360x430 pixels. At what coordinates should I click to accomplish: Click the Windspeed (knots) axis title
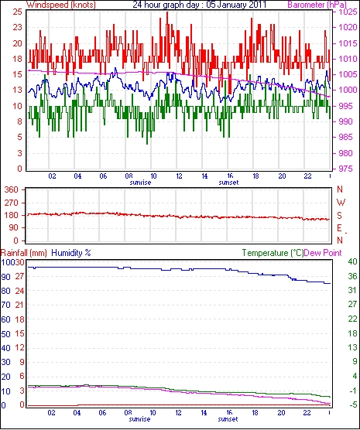click(x=61, y=5)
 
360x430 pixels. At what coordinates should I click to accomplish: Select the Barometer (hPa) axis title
click(x=317, y=5)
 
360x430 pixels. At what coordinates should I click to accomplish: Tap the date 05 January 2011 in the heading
click(x=236, y=5)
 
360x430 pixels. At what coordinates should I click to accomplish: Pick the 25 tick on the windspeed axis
click(x=17, y=12)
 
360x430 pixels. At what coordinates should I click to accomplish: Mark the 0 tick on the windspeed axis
click(x=19, y=169)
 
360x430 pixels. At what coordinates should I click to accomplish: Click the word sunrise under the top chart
click(x=140, y=183)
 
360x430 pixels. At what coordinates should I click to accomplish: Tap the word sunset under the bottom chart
click(x=228, y=419)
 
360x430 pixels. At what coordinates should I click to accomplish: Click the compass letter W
click(x=341, y=203)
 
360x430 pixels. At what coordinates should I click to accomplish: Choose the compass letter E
click(x=339, y=228)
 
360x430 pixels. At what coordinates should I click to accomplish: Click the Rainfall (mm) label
click(x=24, y=253)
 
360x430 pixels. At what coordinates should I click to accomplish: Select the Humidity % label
click(x=71, y=253)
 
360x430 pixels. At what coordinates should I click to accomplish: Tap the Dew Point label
click(x=323, y=253)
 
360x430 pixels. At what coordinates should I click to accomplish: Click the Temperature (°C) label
click(x=273, y=253)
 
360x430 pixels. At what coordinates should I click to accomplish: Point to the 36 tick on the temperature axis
click(x=352, y=276)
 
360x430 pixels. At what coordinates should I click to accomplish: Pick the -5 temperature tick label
click(x=352, y=404)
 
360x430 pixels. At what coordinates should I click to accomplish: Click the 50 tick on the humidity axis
click(x=5, y=334)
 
